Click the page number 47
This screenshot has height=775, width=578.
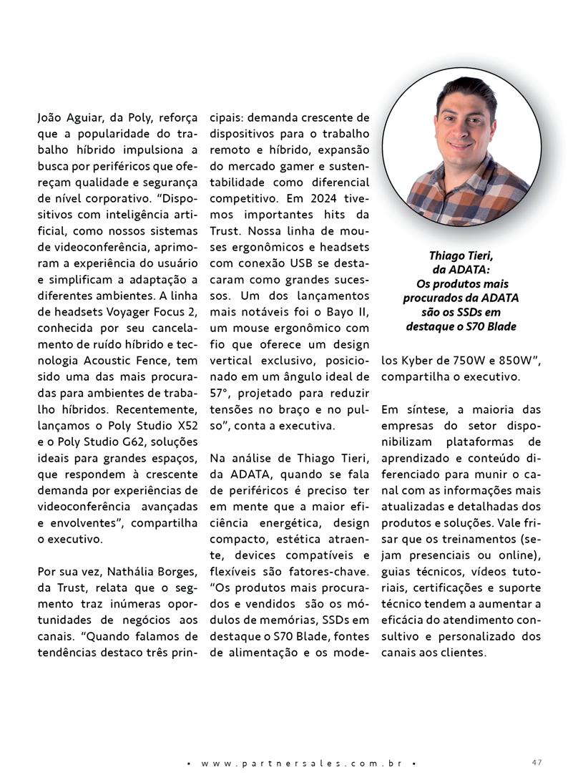click(537, 761)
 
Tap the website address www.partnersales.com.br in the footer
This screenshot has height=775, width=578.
click(300, 763)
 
